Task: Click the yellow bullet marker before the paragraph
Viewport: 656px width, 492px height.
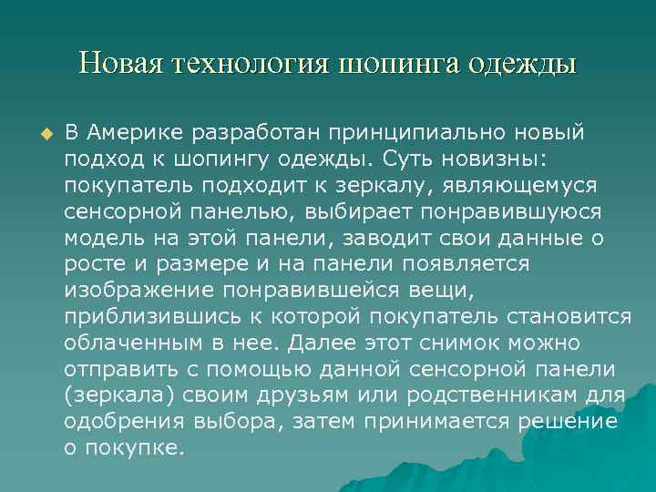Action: (41, 134)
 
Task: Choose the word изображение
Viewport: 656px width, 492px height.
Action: (137, 291)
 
